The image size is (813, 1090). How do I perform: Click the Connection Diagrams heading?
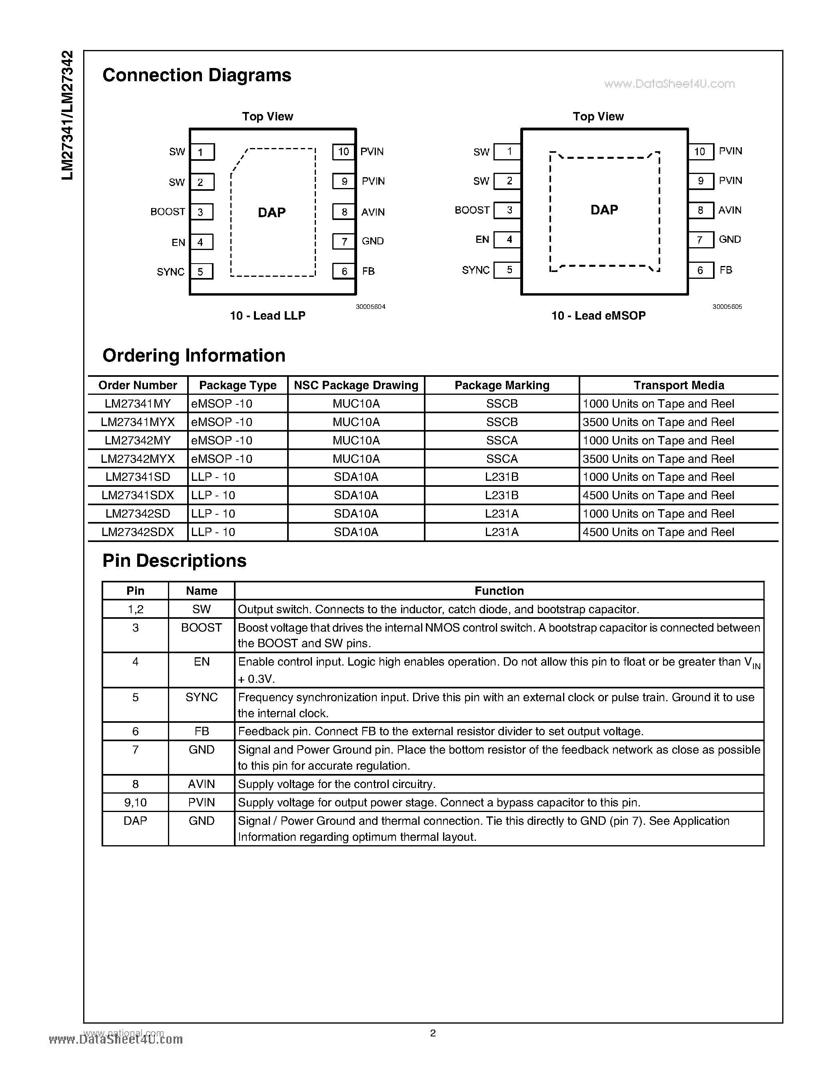[x=196, y=75]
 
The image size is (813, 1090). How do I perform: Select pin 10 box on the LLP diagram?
[x=344, y=152]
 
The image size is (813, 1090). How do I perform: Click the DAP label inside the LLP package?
[x=272, y=213]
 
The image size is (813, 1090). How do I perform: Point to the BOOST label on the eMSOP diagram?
[x=472, y=210]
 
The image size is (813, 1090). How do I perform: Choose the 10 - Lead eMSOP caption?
[x=598, y=316]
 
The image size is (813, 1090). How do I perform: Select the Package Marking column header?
[x=501, y=385]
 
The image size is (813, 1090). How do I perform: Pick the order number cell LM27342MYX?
[x=138, y=459]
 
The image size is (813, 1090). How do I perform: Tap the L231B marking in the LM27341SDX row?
[x=501, y=495]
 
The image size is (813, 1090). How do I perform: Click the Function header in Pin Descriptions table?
[x=499, y=591]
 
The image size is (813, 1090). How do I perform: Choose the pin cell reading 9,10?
[x=135, y=802]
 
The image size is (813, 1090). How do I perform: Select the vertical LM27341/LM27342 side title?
[x=68, y=115]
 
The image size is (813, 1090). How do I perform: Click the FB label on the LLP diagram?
[x=368, y=271]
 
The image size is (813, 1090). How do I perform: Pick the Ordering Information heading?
[x=194, y=356]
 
